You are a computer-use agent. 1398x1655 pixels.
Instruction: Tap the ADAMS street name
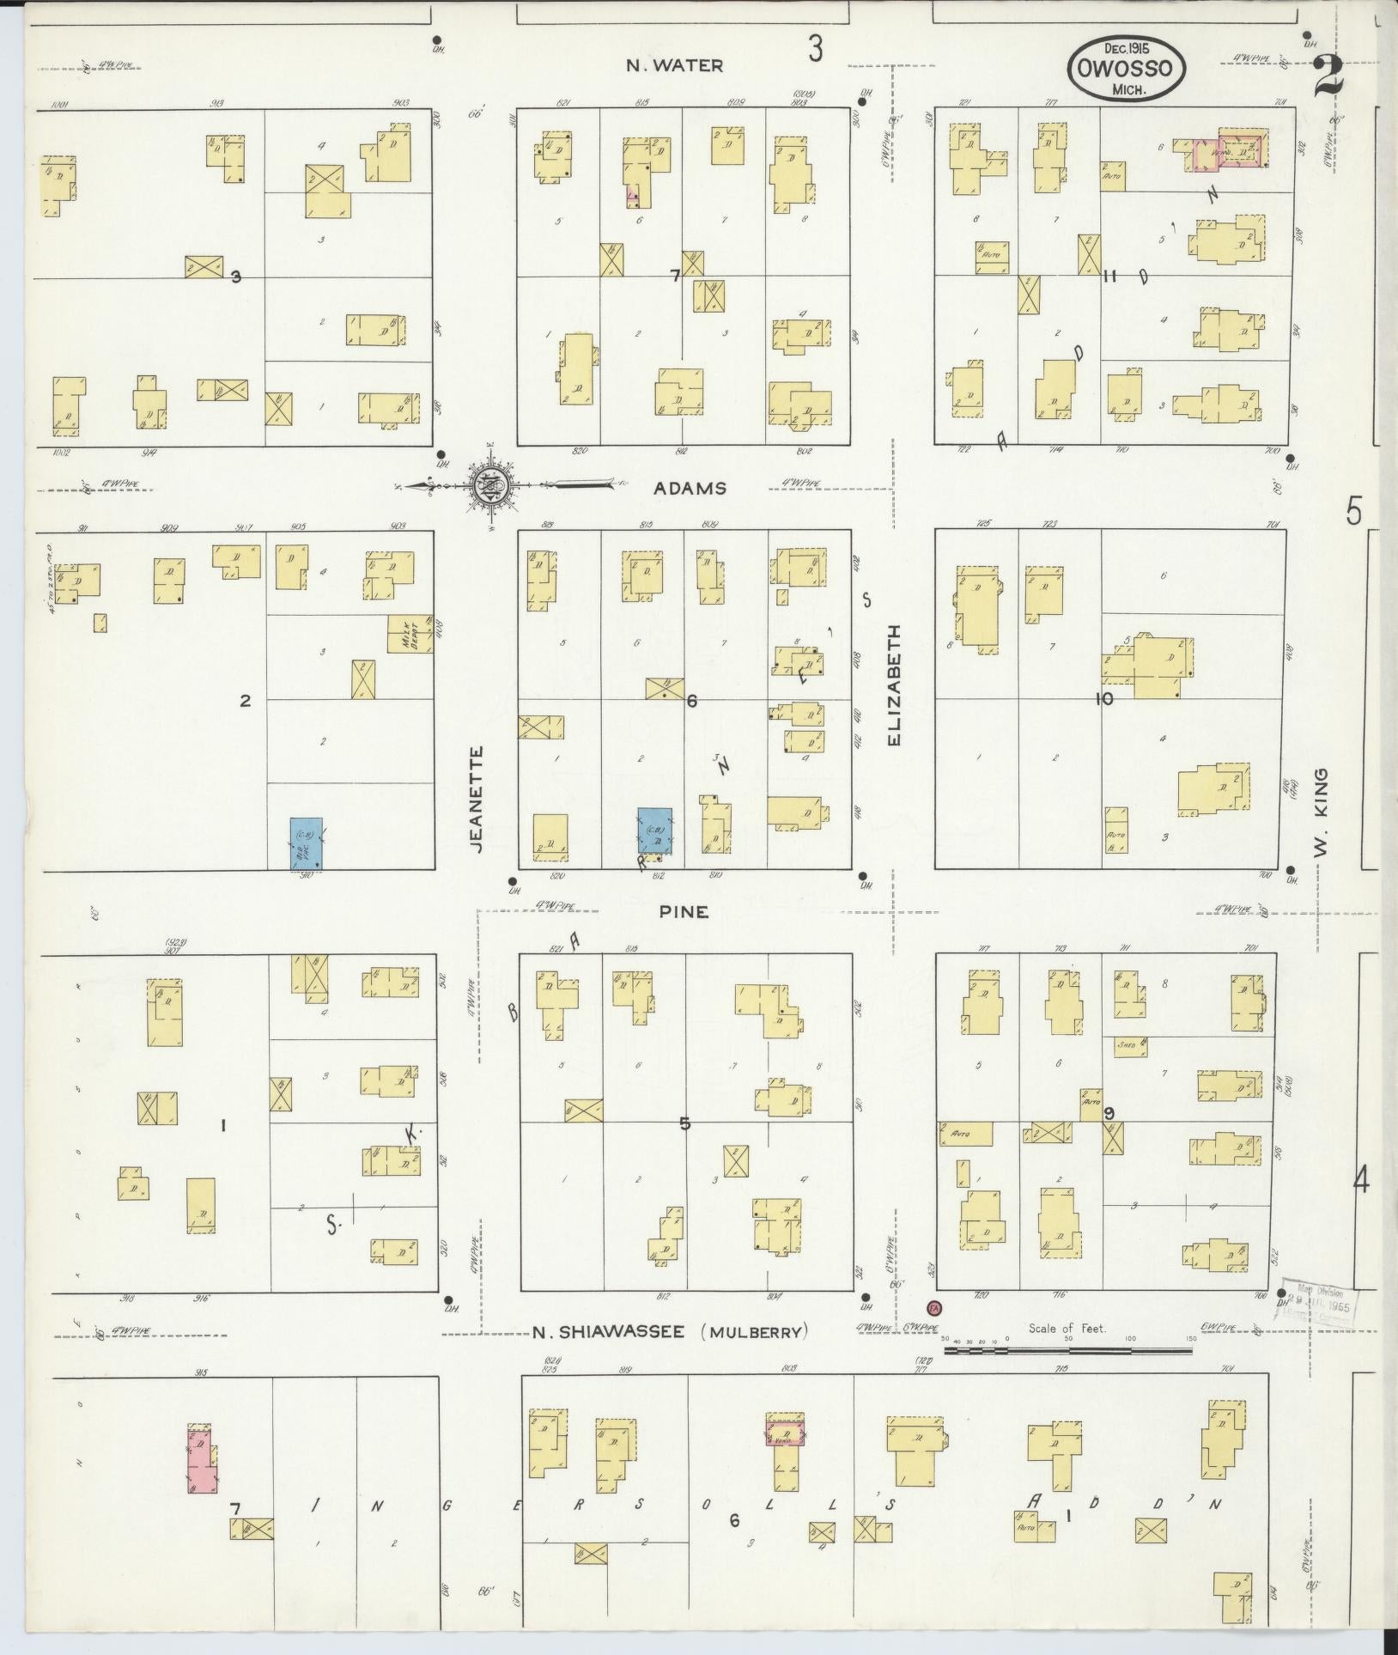690,489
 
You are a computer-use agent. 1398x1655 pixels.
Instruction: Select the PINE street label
684,912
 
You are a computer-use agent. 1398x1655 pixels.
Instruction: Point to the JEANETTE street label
478,799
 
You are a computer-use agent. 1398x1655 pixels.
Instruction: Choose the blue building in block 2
306,842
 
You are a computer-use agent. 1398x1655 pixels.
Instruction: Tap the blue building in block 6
654,832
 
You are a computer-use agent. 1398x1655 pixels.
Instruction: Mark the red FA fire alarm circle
933,1331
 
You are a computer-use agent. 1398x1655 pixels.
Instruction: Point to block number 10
1103,699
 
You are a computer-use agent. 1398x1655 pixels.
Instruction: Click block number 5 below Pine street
684,1123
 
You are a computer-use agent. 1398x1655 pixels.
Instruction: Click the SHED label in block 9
1125,1046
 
